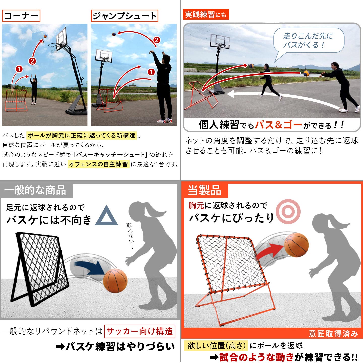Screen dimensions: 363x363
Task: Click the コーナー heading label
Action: pyautogui.click(x=21, y=16)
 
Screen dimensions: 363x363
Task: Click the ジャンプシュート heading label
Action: pyautogui.click(x=125, y=16)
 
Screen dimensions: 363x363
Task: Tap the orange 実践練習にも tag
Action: pyautogui.click(x=206, y=14)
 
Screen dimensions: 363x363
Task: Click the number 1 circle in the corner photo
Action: pyautogui.click(x=19, y=69)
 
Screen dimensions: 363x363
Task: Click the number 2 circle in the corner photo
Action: pyautogui.click(x=33, y=61)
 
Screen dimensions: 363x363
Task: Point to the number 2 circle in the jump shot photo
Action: pyautogui.click(x=157, y=40)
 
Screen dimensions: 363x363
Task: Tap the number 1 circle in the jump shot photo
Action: pyautogui.click(x=151, y=72)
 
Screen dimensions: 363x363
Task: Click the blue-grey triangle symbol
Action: pyautogui.click(x=107, y=216)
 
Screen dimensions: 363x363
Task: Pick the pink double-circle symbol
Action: pyautogui.click(x=288, y=211)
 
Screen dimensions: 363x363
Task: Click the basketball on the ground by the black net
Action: pyautogui.click(x=115, y=281)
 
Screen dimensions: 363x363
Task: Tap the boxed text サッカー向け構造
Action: pyautogui.click(x=140, y=331)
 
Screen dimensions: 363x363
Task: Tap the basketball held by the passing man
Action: pyautogui.click(x=306, y=73)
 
